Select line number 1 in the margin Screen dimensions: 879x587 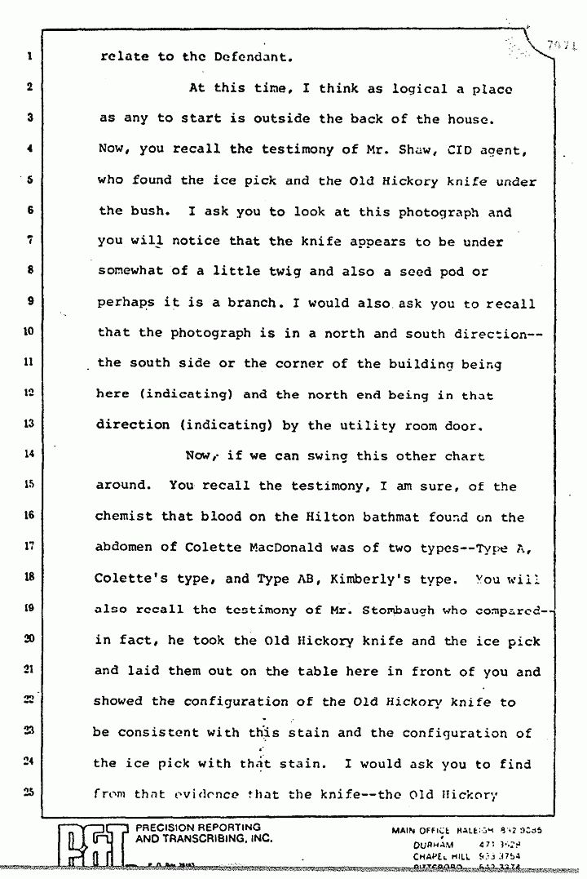(28, 57)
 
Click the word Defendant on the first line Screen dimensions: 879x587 (244, 57)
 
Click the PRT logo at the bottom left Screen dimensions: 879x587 (95, 848)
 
